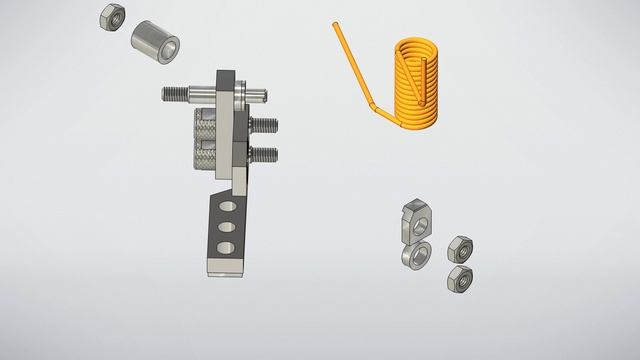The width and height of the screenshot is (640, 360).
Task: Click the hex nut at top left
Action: click(112, 16)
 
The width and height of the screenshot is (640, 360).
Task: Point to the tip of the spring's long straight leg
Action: click(337, 27)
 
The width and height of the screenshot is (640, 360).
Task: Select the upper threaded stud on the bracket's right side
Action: click(264, 126)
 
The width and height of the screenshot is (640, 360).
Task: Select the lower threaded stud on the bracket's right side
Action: click(264, 155)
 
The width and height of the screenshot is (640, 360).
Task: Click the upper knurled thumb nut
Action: click(204, 127)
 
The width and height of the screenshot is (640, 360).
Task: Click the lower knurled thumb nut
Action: click(204, 157)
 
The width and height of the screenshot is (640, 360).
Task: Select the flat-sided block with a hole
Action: click(415, 219)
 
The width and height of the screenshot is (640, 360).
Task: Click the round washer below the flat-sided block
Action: click(414, 255)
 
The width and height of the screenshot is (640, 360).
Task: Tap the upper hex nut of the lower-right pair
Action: click(460, 249)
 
